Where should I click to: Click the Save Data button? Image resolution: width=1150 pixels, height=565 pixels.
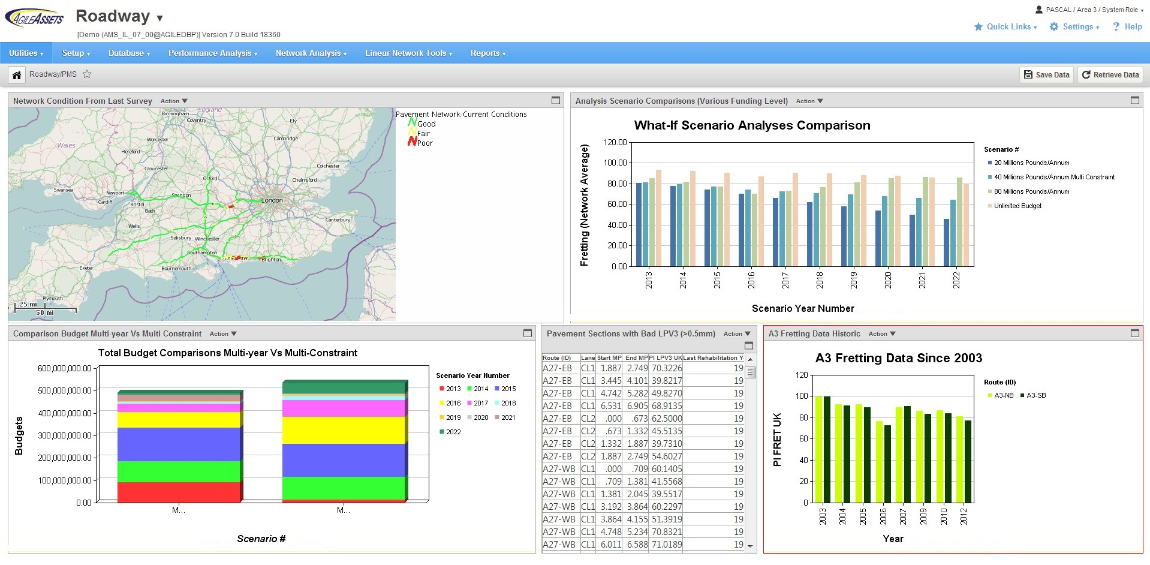point(1046,75)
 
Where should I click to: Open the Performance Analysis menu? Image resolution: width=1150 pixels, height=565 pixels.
point(212,53)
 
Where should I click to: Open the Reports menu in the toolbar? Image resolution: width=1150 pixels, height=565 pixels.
point(487,53)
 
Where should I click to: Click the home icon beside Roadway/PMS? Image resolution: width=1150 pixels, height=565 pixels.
point(17,75)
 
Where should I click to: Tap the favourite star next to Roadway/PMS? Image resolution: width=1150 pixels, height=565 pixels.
point(87,74)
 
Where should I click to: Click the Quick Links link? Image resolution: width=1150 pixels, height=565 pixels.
point(1008,27)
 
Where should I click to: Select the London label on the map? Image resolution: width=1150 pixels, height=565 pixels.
point(272,200)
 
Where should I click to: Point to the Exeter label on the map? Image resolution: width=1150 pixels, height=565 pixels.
point(86,268)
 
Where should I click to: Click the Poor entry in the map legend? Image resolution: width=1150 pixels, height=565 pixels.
point(425,143)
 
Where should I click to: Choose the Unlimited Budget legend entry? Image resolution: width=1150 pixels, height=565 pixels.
point(1017,206)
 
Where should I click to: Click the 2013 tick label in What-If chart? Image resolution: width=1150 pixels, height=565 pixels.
point(649,280)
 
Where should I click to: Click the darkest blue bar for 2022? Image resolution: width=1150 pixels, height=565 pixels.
point(946,242)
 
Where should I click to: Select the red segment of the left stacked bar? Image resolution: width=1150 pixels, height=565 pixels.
point(178,492)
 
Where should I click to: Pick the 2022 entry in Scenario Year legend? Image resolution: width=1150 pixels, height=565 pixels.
point(453,432)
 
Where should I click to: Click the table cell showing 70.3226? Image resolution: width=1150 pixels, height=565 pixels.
point(666,368)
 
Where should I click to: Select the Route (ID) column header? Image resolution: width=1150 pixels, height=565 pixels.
point(556,357)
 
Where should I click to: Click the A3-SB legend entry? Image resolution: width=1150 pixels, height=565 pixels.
point(1035,395)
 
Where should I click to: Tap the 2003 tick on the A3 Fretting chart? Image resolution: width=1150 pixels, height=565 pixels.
point(823,516)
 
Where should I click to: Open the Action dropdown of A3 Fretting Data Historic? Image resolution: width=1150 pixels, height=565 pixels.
point(881,334)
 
